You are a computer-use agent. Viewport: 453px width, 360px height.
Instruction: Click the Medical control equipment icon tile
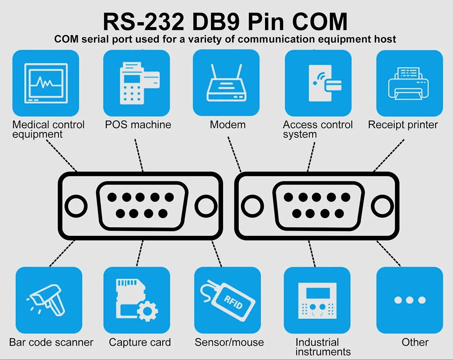[x=46, y=83]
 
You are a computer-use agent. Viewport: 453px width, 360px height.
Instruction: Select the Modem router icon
[x=226, y=83]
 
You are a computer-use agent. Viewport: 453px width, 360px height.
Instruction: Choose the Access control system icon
[x=318, y=83]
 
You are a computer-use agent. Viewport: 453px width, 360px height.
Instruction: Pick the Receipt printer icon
[x=410, y=83]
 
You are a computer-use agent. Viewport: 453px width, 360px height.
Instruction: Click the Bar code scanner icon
[x=49, y=300]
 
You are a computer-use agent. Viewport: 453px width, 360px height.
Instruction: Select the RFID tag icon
[x=227, y=300]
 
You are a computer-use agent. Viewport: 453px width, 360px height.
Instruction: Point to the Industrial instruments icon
[x=317, y=300]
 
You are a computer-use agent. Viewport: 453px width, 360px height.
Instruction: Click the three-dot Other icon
[x=410, y=300]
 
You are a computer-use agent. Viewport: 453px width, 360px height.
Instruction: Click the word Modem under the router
[x=228, y=125]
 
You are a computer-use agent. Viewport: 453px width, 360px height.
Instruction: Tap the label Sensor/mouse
[x=229, y=343]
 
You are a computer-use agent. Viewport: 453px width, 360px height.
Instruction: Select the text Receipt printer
[x=403, y=125]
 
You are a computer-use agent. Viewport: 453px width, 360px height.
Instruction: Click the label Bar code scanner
[x=51, y=343]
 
